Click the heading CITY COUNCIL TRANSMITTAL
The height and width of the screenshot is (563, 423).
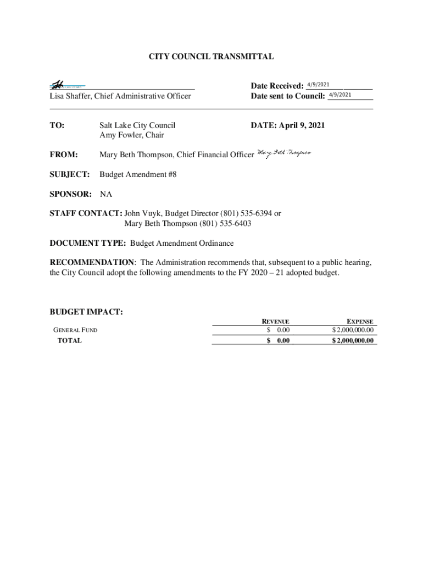coord(211,57)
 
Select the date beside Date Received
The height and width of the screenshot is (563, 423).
coord(318,84)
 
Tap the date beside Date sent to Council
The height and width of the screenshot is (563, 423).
coord(340,95)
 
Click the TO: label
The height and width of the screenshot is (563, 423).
coord(57,125)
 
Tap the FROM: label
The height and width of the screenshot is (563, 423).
coord(64,155)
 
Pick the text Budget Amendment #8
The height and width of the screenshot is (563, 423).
coord(138,174)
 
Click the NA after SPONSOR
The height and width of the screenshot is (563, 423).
coord(105,194)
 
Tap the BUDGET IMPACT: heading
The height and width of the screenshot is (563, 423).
coord(86,312)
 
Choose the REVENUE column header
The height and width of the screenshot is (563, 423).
coord(275,322)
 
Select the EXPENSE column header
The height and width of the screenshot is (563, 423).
coord(360,322)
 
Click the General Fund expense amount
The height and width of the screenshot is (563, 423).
coord(353,330)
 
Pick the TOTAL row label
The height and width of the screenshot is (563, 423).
coord(70,340)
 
